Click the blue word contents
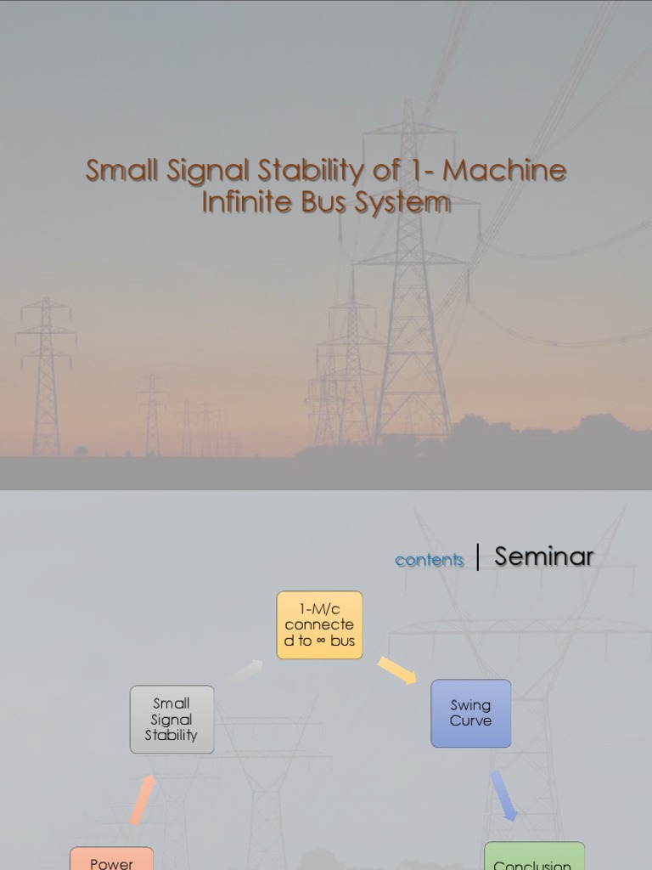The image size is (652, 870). coord(430,560)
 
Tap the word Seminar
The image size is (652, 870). coord(544,556)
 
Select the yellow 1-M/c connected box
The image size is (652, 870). coord(319,625)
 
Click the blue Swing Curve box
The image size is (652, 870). coord(470,713)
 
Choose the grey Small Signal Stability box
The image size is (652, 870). coord(171,719)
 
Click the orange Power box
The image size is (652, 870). coord(111,860)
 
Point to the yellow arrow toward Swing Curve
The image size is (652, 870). coord(396,669)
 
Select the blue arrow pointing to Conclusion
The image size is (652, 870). coord(503,795)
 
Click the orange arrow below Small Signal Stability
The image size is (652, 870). coord(143,799)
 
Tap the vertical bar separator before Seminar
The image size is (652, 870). coord(479,557)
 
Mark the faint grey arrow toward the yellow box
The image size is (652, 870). coord(246,671)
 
